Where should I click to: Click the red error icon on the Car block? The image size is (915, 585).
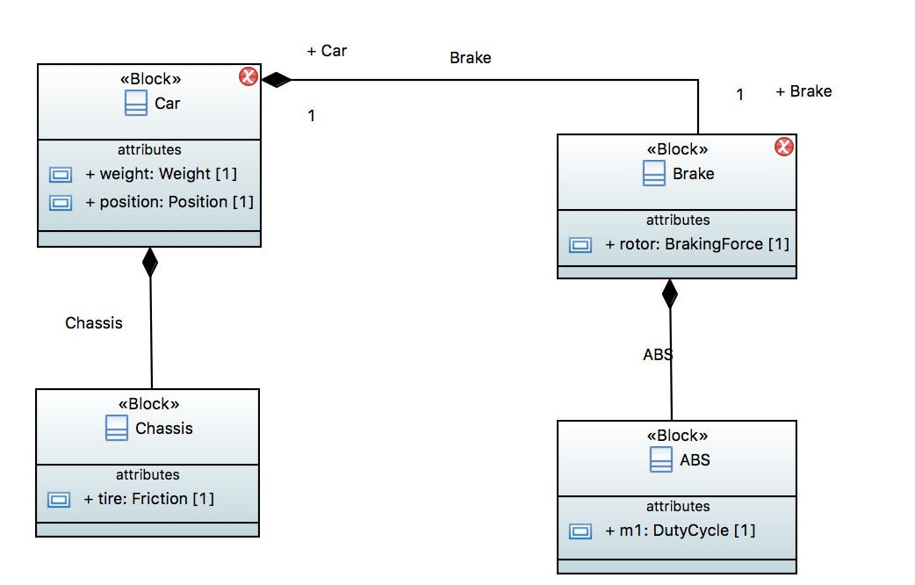tap(248, 77)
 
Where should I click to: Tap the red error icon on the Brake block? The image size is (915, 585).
tap(783, 147)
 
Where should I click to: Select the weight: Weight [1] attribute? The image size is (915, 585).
tap(161, 174)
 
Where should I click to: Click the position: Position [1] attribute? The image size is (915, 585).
tap(169, 202)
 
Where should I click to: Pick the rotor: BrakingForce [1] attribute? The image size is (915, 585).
tap(697, 244)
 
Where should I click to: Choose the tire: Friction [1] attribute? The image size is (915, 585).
tap(148, 499)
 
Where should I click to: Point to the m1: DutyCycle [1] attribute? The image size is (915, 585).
tap(680, 531)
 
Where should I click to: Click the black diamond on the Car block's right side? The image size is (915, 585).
tap(277, 80)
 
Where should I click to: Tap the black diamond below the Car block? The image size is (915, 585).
tap(150, 262)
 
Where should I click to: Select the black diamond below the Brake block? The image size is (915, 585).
tap(670, 293)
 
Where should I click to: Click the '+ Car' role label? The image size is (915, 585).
tap(327, 51)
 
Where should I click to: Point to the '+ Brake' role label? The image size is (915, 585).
tap(803, 91)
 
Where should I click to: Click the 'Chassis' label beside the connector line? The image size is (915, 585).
tap(94, 323)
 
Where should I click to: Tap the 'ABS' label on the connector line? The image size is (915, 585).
tap(658, 355)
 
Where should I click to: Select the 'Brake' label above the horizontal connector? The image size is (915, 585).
tap(470, 58)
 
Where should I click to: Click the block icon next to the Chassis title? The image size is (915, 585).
tap(116, 429)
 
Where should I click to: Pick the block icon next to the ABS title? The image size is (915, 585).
tap(661, 460)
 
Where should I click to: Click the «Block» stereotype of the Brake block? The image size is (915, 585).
tap(677, 149)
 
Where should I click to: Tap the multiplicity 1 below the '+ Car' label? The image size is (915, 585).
tap(311, 115)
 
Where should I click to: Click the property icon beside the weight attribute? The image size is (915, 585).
tap(60, 174)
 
